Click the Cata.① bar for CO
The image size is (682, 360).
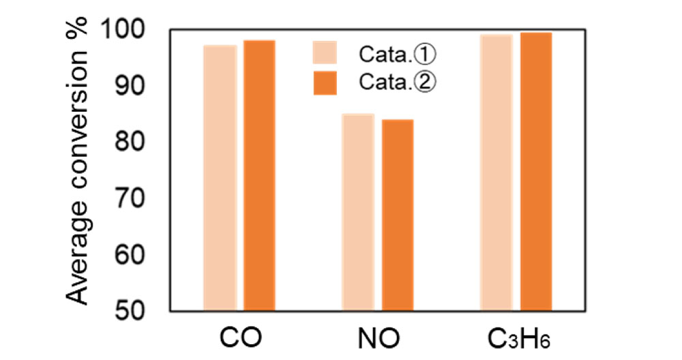220,177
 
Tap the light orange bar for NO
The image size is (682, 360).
358,211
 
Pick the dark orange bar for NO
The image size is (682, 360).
398,214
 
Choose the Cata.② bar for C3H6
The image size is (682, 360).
536,170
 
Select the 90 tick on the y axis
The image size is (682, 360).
136,86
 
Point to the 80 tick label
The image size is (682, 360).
136,142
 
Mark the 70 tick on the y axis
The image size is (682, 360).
136,198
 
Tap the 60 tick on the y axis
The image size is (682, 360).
136,254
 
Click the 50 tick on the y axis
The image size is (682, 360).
136,311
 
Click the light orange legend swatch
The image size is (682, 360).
325,52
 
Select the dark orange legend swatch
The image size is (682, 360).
325,82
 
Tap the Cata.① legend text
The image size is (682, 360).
396,52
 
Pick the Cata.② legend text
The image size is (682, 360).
396,82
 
